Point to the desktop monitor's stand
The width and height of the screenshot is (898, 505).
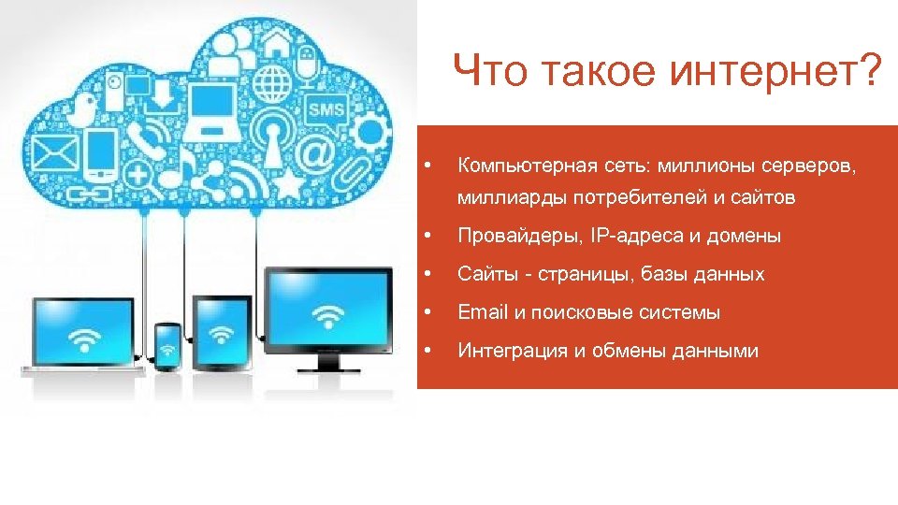pos(326,361)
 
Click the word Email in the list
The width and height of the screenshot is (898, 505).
pos(482,312)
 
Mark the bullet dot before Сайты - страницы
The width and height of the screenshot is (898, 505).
pos(427,274)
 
